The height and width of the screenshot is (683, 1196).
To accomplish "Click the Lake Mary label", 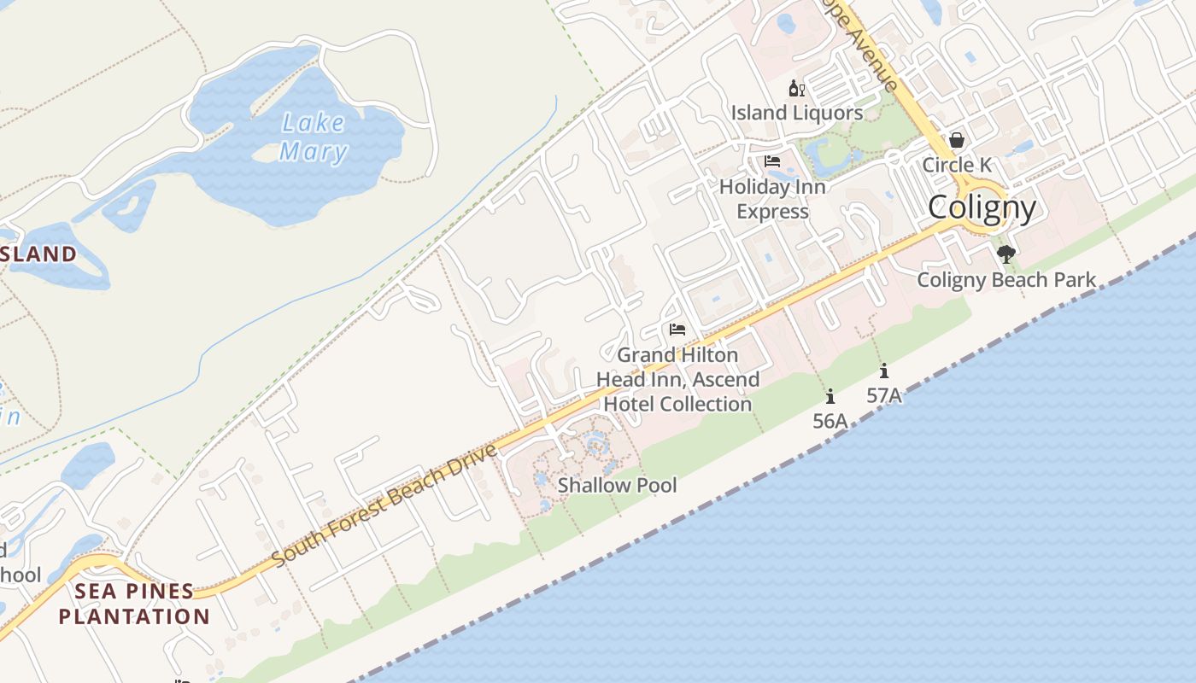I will click(314, 137).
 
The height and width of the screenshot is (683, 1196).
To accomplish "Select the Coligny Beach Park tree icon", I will click(1006, 254).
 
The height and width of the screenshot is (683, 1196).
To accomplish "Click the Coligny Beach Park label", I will click(1006, 279).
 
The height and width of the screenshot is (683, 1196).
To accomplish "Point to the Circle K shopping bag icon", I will click(957, 140).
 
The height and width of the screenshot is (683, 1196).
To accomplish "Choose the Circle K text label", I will click(957, 165).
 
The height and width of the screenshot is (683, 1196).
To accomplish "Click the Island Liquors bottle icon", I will click(796, 88).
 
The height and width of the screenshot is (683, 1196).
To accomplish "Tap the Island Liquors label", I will click(796, 113).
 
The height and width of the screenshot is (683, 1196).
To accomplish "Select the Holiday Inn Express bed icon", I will click(772, 161).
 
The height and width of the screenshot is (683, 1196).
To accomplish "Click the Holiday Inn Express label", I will click(772, 199).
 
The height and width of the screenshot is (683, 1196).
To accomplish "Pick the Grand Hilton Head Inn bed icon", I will click(677, 330).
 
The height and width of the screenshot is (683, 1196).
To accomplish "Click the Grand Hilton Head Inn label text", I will click(677, 379).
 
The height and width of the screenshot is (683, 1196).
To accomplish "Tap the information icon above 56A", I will click(830, 396).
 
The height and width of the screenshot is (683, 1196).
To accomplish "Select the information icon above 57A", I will click(883, 371).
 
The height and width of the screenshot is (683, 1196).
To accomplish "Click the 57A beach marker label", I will click(883, 395).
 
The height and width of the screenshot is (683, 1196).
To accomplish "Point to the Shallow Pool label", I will click(617, 486).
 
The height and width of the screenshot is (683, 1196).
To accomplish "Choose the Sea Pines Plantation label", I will click(134, 604).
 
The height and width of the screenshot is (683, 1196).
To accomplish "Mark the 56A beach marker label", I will click(830, 420).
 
